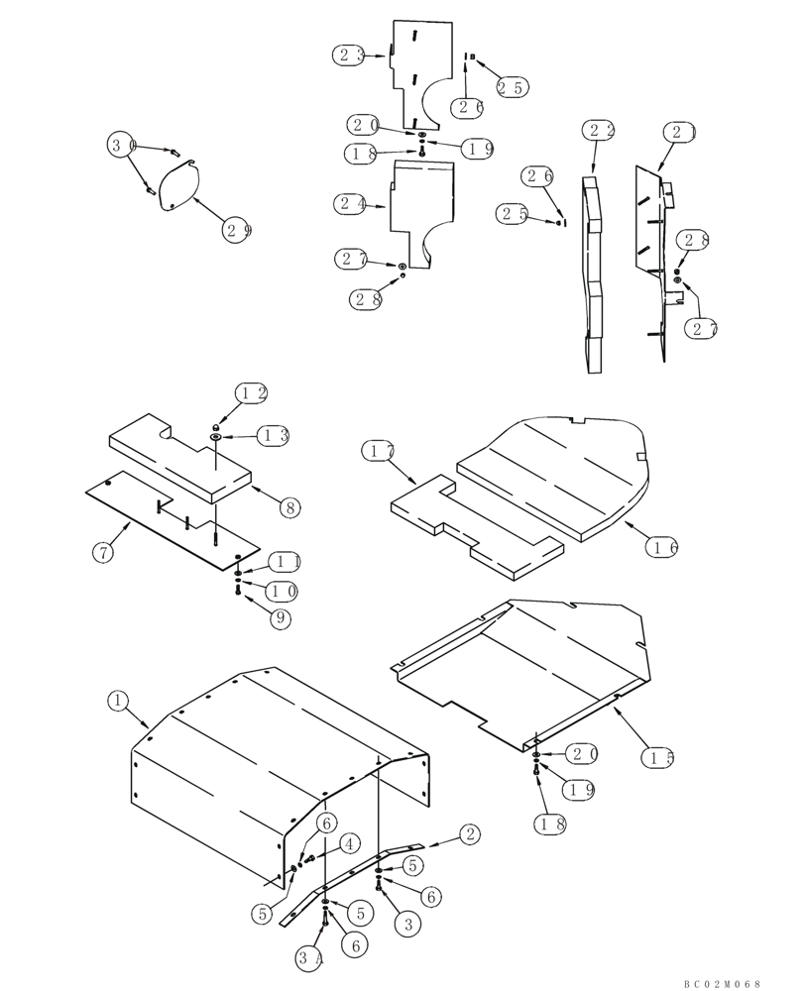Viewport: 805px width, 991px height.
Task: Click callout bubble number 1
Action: [x=118, y=701]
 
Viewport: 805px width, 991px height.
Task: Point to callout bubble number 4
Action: [x=348, y=843]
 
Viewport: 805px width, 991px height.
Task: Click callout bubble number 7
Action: [x=105, y=553]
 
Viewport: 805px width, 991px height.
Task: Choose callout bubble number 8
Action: [x=288, y=507]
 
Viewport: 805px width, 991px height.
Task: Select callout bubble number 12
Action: [x=251, y=393]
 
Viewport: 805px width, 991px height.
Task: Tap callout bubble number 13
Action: [x=274, y=435]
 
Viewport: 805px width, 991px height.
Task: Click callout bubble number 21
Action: [x=681, y=131]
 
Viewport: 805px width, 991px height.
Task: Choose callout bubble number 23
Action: [x=348, y=55]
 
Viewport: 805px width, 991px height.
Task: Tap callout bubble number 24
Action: [x=349, y=204]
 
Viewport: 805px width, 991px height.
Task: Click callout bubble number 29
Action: [x=237, y=230]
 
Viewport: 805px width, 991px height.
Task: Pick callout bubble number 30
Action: [x=121, y=147]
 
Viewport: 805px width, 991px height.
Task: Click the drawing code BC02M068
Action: [x=722, y=983]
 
